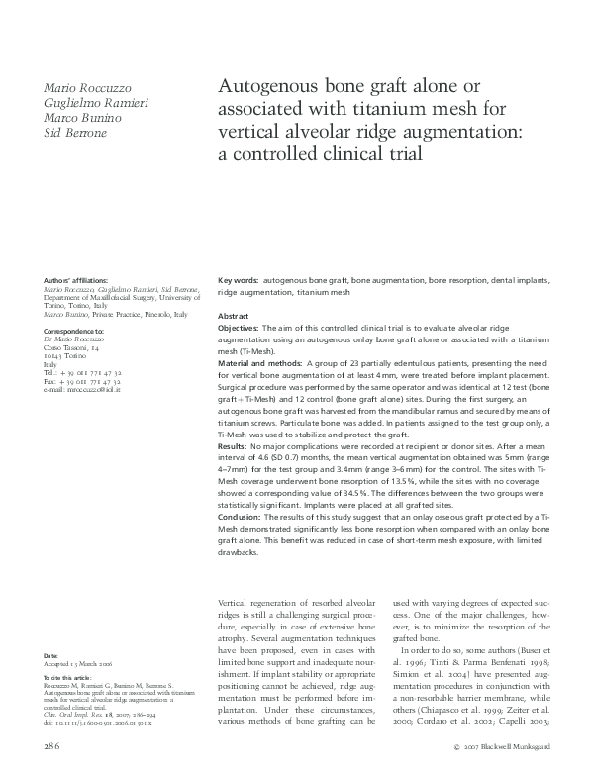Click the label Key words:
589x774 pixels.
[x=238, y=281]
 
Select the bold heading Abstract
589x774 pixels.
[x=234, y=315]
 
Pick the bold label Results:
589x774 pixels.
[x=234, y=447]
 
